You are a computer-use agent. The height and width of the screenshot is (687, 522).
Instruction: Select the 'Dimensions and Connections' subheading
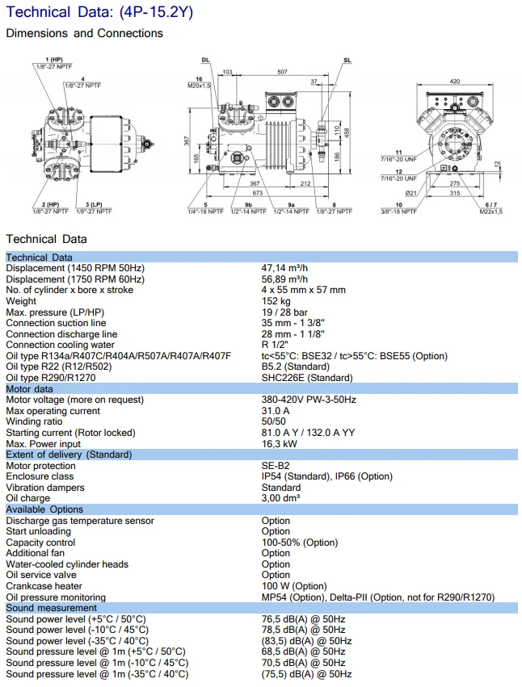pos(84,33)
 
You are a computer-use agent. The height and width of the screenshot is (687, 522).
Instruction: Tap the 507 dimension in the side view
pos(281,72)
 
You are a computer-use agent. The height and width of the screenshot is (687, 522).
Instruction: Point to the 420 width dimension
pos(454,82)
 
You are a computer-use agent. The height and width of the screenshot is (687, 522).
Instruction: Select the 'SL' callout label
pos(347,61)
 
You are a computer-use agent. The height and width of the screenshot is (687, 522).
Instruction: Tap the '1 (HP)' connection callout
pos(54,60)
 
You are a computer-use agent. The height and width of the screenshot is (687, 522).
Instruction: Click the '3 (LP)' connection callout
pos(94,205)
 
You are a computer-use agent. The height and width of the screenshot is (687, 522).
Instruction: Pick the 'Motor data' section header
pos(29,388)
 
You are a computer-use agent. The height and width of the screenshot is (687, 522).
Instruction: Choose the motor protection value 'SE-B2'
pos(275,466)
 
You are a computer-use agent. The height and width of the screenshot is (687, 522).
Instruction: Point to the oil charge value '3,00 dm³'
pos(281,498)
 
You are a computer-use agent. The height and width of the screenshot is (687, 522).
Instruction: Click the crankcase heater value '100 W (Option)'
pos(294,586)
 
